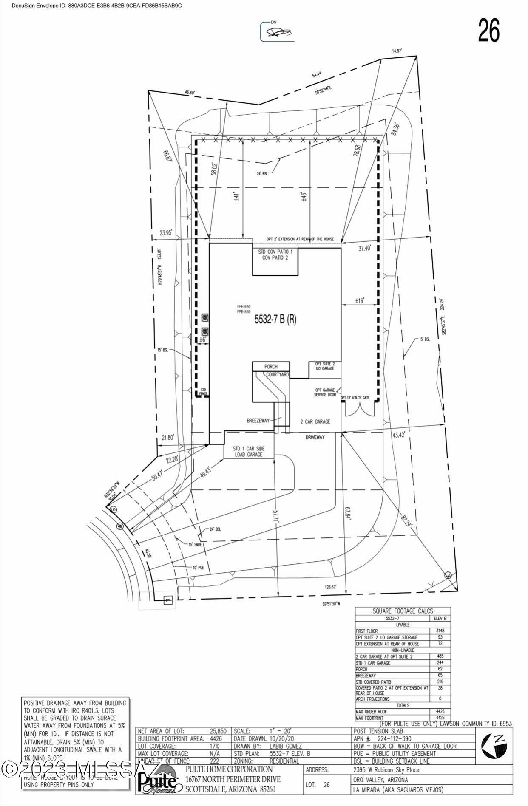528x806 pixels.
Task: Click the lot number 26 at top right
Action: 489,31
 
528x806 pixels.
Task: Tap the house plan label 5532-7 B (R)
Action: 275,320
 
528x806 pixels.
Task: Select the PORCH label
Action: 271,366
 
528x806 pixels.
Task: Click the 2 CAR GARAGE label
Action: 315,421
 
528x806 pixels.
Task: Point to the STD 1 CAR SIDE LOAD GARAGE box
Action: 248,451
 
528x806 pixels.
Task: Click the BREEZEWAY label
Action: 258,421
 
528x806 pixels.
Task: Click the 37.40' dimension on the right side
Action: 364,249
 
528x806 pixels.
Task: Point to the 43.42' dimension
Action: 399,435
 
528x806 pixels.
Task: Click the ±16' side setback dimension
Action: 360,301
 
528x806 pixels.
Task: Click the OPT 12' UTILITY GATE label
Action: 355,398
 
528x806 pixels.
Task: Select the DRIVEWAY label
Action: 315,437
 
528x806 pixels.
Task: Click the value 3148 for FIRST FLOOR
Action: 440,631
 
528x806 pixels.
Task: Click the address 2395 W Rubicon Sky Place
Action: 386,769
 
